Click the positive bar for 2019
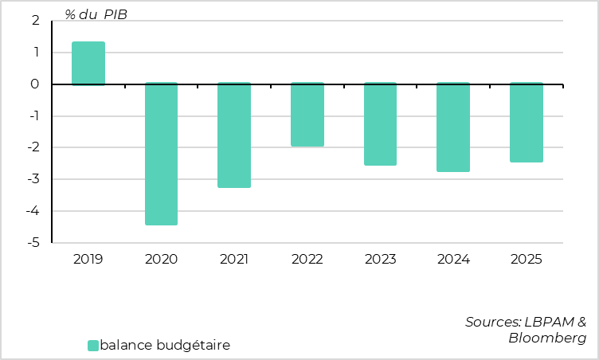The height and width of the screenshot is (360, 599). click(x=88, y=63)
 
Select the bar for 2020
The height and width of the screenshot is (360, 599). click(x=161, y=154)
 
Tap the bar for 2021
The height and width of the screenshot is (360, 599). click(x=234, y=135)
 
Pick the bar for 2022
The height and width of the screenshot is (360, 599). click(x=307, y=115)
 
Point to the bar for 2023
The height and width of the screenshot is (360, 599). click(x=380, y=124)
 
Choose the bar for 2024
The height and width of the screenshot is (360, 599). click(x=453, y=127)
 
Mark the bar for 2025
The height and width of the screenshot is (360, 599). click(x=526, y=123)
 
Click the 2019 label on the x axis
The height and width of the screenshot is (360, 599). click(x=88, y=259)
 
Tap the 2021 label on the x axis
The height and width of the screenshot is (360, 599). click(x=234, y=259)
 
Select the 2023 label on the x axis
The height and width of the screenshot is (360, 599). click(x=380, y=259)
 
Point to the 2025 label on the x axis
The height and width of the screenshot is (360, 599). click(x=526, y=259)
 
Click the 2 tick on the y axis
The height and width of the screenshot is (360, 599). click(x=36, y=22)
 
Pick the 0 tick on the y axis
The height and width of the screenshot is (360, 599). click(x=36, y=84)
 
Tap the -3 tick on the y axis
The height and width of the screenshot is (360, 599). click(x=34, y=179)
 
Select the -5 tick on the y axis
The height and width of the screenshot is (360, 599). click(x=34, y=243)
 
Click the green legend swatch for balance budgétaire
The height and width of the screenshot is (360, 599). click(x=92, y=346)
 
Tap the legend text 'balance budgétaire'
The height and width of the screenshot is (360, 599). click(x=165, y=346)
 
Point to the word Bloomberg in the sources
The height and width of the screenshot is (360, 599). click(x=547, y=338)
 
